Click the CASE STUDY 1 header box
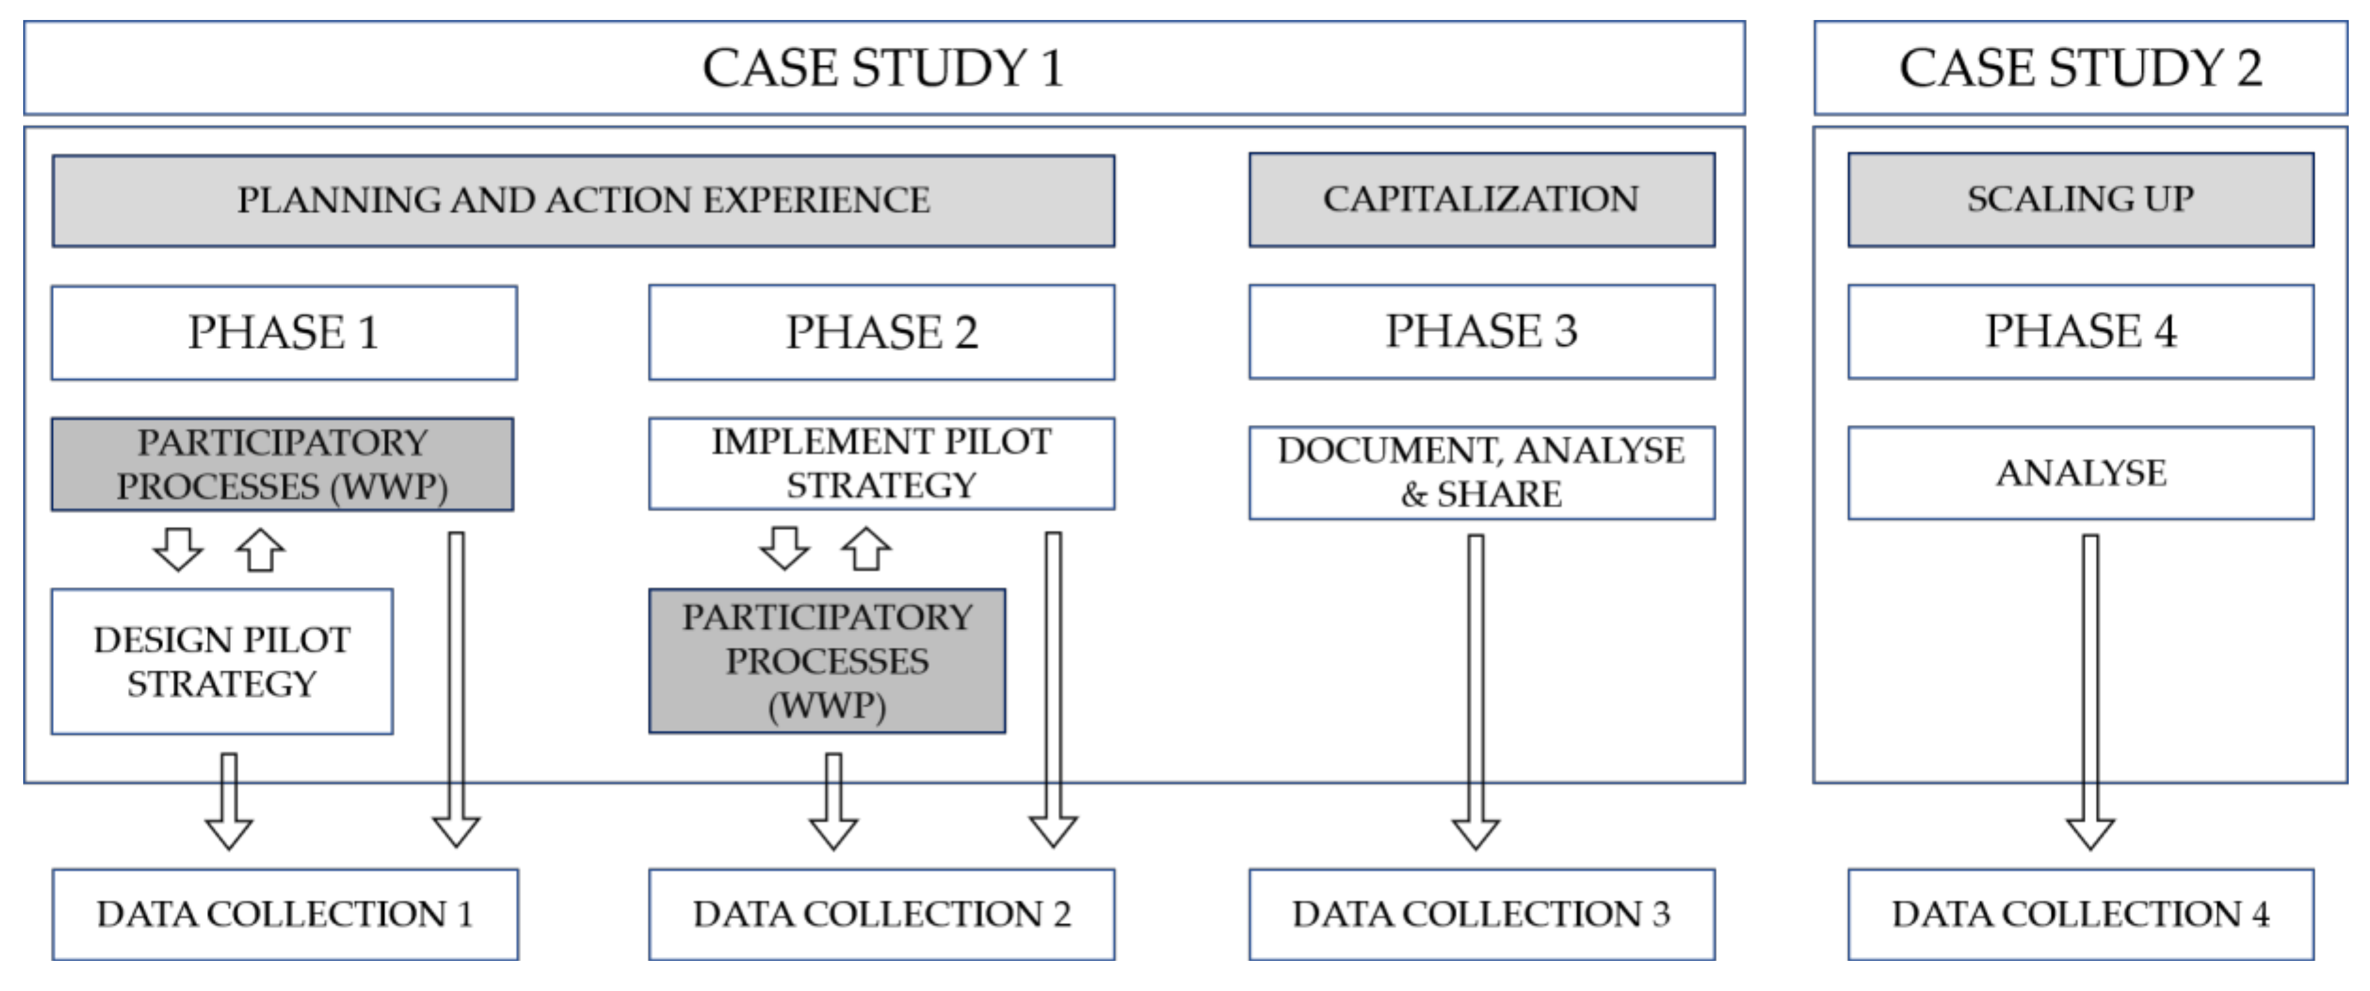pos(883,68)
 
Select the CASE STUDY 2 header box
pos(2079,68)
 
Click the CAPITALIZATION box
pos(1481,200)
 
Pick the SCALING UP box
pos(2080,200)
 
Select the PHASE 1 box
pos(284,332)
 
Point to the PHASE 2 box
pos(882,332)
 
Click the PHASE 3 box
pos(1481,331)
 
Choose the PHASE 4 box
pos(2080,331)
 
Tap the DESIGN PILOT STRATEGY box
pos(222,662)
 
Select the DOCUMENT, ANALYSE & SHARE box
pos(1481,472)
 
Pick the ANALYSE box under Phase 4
pos(2080,472)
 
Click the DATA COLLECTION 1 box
pos(284,914)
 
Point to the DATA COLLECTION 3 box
pos(1481,914)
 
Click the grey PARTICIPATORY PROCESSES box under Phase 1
pos(282,464)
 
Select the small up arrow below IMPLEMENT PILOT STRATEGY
pos(866,549)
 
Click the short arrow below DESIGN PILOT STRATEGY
pos(229,801)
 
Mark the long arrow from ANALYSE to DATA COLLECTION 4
pos(2090,690)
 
